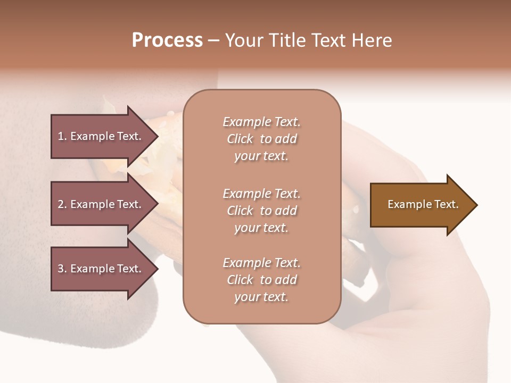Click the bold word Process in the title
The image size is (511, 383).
pos(167,40)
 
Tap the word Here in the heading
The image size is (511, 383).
pos(372,40)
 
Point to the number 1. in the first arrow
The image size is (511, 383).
pos(62,136)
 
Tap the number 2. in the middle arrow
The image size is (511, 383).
pos(62,204)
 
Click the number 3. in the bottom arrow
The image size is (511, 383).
pos(62,269)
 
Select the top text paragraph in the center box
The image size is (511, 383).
pos(261,139)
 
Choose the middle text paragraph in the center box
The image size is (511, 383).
pos(261,211)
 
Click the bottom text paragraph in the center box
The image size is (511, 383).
pos(261,280)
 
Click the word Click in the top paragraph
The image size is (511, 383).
pos(240,139)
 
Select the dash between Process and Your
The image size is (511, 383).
pos(213,40)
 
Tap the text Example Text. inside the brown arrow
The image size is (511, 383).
pos(423,204)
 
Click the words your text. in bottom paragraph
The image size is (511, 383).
pos(261,297)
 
